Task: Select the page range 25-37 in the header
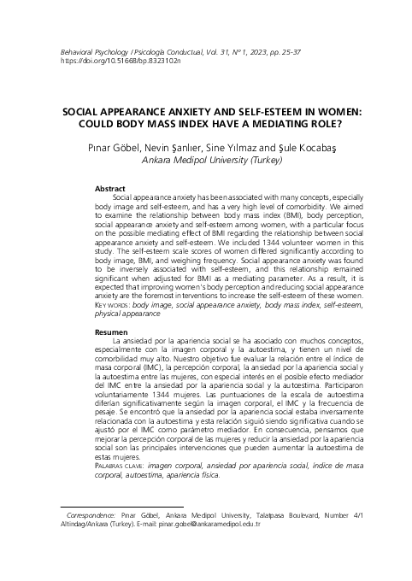point(286,53)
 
